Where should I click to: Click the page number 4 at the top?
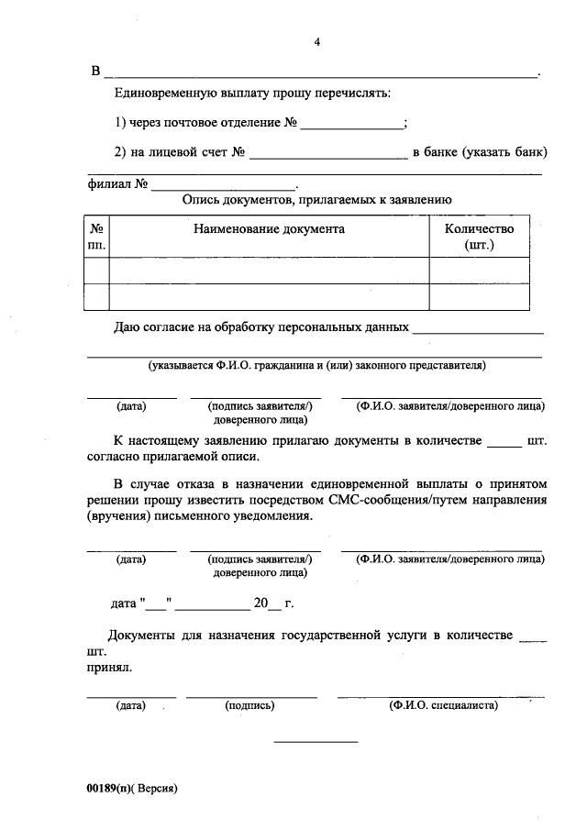point(317,42)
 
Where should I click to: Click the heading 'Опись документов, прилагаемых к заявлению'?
point(316,199)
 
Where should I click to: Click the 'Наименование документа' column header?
point(269,229)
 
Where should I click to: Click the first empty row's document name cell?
point(269,271)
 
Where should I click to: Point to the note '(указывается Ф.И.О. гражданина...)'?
point(317,366)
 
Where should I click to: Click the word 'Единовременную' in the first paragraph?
point(164,94)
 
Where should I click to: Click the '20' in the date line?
point(260,605)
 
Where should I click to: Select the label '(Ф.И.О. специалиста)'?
point(443,706)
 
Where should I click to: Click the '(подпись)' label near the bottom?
point(249,706)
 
